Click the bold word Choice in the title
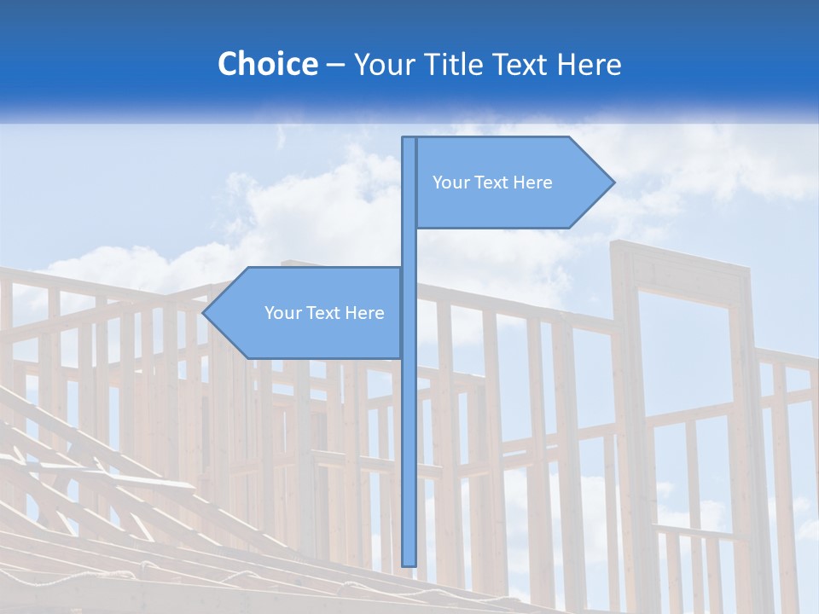tap(267, 64)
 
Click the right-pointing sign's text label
tap(492, 182)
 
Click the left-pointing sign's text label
tap(324, 313)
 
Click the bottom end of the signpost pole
tap(409, 563)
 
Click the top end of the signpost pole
tap(409, 139)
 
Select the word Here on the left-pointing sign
tap(364, 313)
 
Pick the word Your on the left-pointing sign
tap(282, 313)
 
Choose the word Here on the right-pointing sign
tap(532, 182)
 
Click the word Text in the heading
tap(521, 64)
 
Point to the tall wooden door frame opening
tap(683, 358)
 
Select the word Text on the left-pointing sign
tap(324, 313)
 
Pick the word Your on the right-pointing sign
tap(450, 182)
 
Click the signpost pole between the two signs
tap(409, 247)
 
